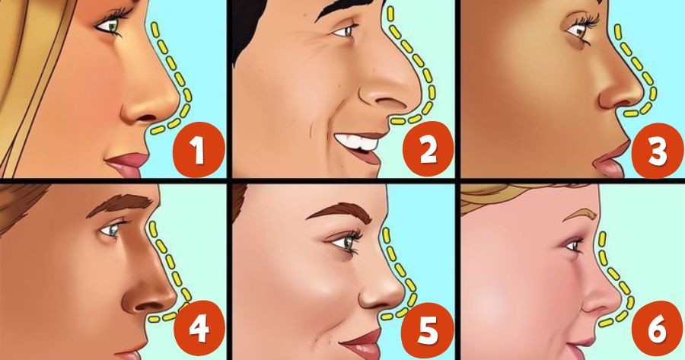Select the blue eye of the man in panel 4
tap(113, 227)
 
